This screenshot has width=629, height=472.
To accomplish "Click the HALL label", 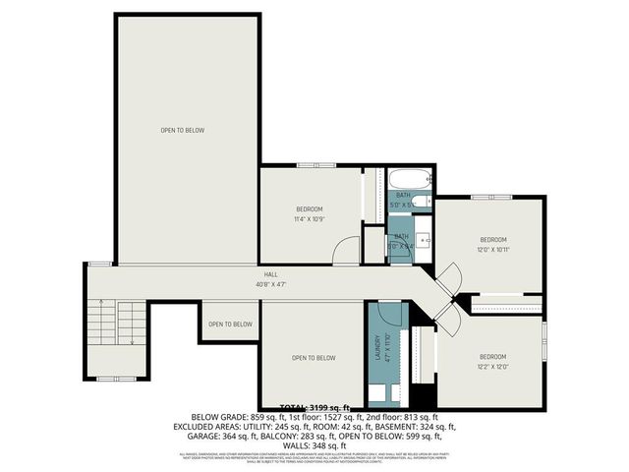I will [x=269, y=274].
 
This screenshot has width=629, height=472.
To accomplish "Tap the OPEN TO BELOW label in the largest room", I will [x=183, y=130].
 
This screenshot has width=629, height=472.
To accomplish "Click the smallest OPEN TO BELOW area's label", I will [x=230, y=324].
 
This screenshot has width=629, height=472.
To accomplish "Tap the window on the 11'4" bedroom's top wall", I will [x=310, y=164].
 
